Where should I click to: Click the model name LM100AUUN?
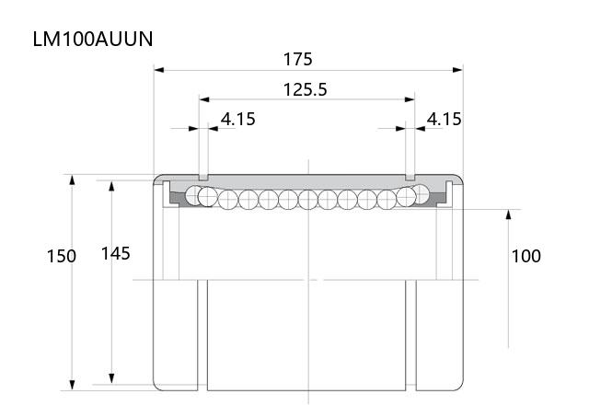pos(93,39)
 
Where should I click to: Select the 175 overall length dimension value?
pos(297,59)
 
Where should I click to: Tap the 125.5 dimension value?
pos(305,90)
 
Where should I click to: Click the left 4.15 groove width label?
pos(237,119)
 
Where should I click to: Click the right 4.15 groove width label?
pos(444,119)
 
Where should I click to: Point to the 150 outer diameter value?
pos(62,256)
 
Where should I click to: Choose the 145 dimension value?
pos(116,254)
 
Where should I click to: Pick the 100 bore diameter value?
pos(526,256)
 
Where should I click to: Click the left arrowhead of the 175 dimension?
pos(159,70)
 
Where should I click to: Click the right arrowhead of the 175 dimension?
pos(458,70)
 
